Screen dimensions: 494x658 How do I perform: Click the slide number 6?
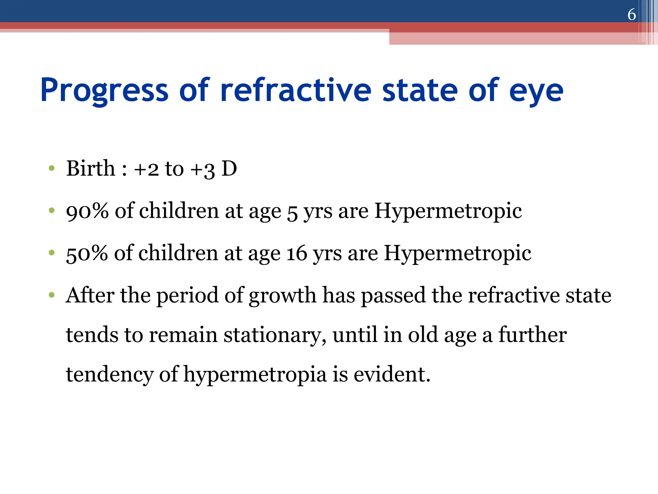631,14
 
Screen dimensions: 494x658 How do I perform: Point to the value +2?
146,169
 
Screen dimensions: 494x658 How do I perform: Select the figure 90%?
87,211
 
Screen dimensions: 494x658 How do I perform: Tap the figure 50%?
87,253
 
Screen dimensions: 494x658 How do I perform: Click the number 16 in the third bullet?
297,253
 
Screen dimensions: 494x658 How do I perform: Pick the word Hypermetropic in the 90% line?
448,211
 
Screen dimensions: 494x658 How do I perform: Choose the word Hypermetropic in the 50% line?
457,253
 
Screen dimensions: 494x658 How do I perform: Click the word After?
90,295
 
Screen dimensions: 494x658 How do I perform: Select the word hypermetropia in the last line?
255,375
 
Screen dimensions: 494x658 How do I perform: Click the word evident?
392,374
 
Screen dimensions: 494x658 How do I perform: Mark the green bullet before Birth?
51,169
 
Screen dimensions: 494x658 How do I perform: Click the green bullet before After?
51,295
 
